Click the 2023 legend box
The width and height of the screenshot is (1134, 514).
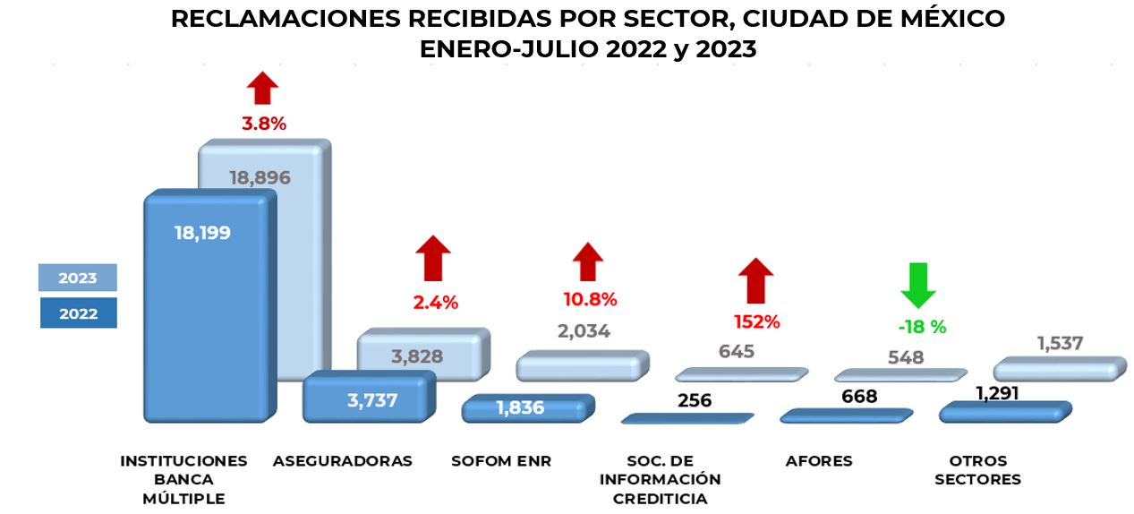coord(78,278)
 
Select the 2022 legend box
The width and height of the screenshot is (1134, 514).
coord(78,313)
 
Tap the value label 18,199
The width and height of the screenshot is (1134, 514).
coord(202,233)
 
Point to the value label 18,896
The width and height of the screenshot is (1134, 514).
coord(260,177)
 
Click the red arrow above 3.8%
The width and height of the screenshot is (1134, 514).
coord(263,89)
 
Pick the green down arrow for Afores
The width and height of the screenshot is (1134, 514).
coord(919,285)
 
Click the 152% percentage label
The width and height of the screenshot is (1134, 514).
coord(758,321)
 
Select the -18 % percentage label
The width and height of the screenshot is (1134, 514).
coord(921,327)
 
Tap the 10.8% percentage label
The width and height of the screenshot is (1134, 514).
coord(590,299)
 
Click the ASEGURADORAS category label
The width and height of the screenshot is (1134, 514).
coord(343,461)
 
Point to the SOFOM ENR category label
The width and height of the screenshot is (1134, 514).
coord(501,461)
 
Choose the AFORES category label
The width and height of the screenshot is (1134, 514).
coord(819,461)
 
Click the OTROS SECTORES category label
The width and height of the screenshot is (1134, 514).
coord(977,470)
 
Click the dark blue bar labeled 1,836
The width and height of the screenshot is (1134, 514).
coord(524,408)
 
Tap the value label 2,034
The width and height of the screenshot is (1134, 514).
coord(584,331)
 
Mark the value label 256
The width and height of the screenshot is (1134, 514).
coord(695,400)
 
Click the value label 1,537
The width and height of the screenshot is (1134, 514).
coord(1060,343)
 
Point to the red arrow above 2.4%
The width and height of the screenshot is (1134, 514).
coord(433,258)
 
